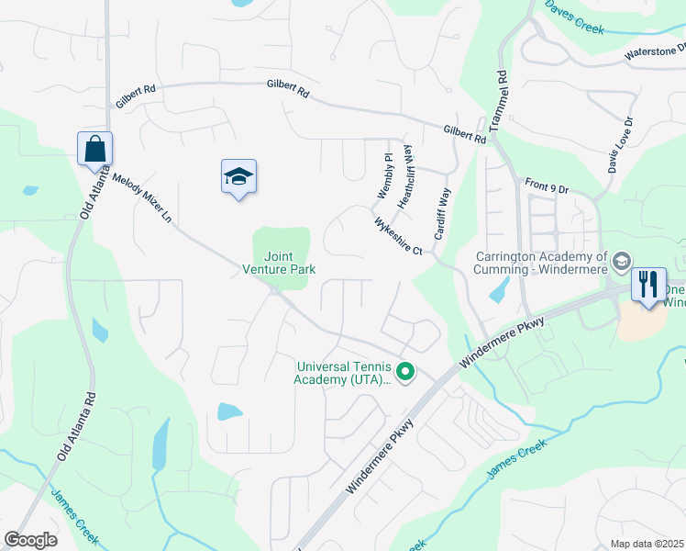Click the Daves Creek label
tap(575, 17)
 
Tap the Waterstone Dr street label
tap(655, 53)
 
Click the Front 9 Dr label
tap(548, 186)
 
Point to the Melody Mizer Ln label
tap(142, 198)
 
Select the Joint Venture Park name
tap(279, 263)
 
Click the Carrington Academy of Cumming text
tap(542, 263)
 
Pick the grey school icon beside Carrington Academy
tap(622, 263)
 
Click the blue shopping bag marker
tap(94, 148)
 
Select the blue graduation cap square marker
tap(238, 175)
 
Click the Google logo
tap(31, 540)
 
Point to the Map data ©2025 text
tap(647, 544)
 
